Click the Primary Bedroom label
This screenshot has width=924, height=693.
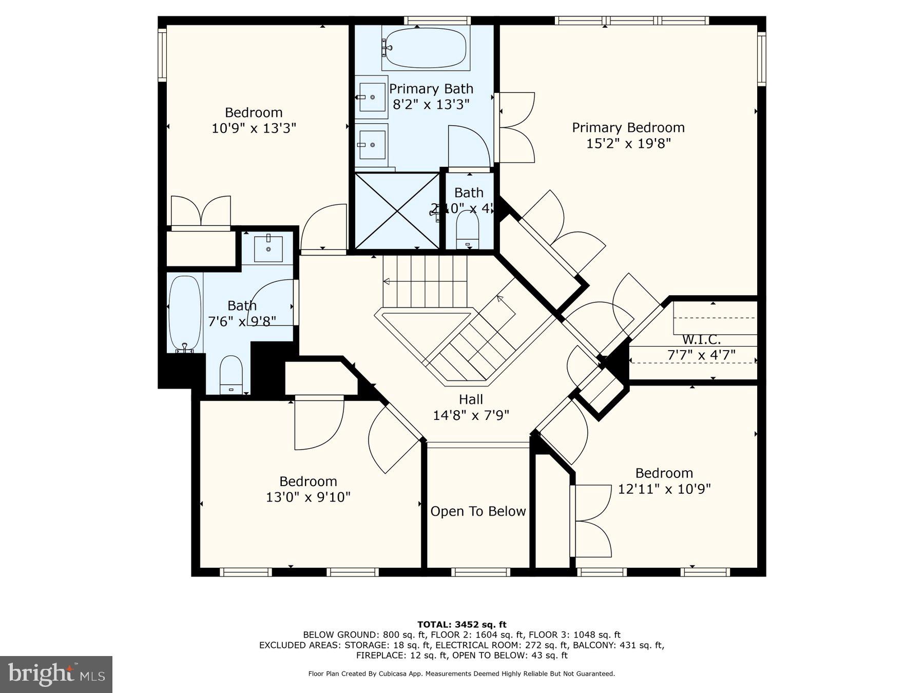click(628, 128)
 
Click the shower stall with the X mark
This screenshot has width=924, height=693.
click(397, 211)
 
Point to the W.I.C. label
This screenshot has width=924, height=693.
click(701, 340)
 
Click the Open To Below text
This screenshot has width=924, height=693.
click(478, 511)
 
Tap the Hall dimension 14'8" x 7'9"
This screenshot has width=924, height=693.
click(471, 415)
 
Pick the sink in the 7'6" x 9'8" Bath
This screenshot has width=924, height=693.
click(268, 248)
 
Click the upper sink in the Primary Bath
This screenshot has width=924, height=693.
click(371, 97)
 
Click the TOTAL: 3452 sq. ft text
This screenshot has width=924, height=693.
click(461, 624)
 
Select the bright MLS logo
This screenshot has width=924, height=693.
click(56, 674)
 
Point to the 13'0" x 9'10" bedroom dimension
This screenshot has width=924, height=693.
click(308, 497)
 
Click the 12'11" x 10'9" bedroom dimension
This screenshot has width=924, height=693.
click(664, 489)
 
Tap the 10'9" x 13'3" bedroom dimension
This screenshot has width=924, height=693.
click(254, 128)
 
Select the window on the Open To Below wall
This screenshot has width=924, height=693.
click(480, 572)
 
